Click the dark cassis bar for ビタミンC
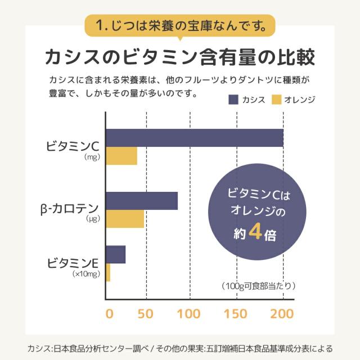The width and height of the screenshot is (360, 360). pyautogui.click(x=194, y=138)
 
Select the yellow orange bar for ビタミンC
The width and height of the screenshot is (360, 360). pyautogui.click(x=121, y=156)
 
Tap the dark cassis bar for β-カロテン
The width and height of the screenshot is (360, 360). pyautogui.click(x=142, y=201)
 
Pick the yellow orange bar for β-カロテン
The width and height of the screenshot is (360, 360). pyautogui.click(x=125, y=219)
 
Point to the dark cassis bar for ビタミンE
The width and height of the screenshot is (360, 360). pyautogui.click(x=116, y=254)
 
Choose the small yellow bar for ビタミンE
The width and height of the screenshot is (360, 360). pyautogui.click(x=108, y=272)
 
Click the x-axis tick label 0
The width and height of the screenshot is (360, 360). pyautogui.click(x=110, y=313)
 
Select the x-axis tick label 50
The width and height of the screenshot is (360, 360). pyautogui.click(x=146, y=313)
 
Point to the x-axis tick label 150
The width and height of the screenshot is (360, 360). pyautogui.click(x=236, y=313)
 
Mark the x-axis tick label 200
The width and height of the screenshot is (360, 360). pyautogui.click(x=282, y=313)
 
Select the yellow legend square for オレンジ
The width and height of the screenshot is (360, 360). pyautogui.click(x=276, y=100)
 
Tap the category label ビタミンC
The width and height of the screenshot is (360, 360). pyautogui.click(x=73, y=147)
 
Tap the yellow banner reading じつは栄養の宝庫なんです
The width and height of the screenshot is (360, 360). pyautogui.click(x=180, y=25)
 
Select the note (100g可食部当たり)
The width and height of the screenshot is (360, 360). pyautogui.click(x=255, y=285)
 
